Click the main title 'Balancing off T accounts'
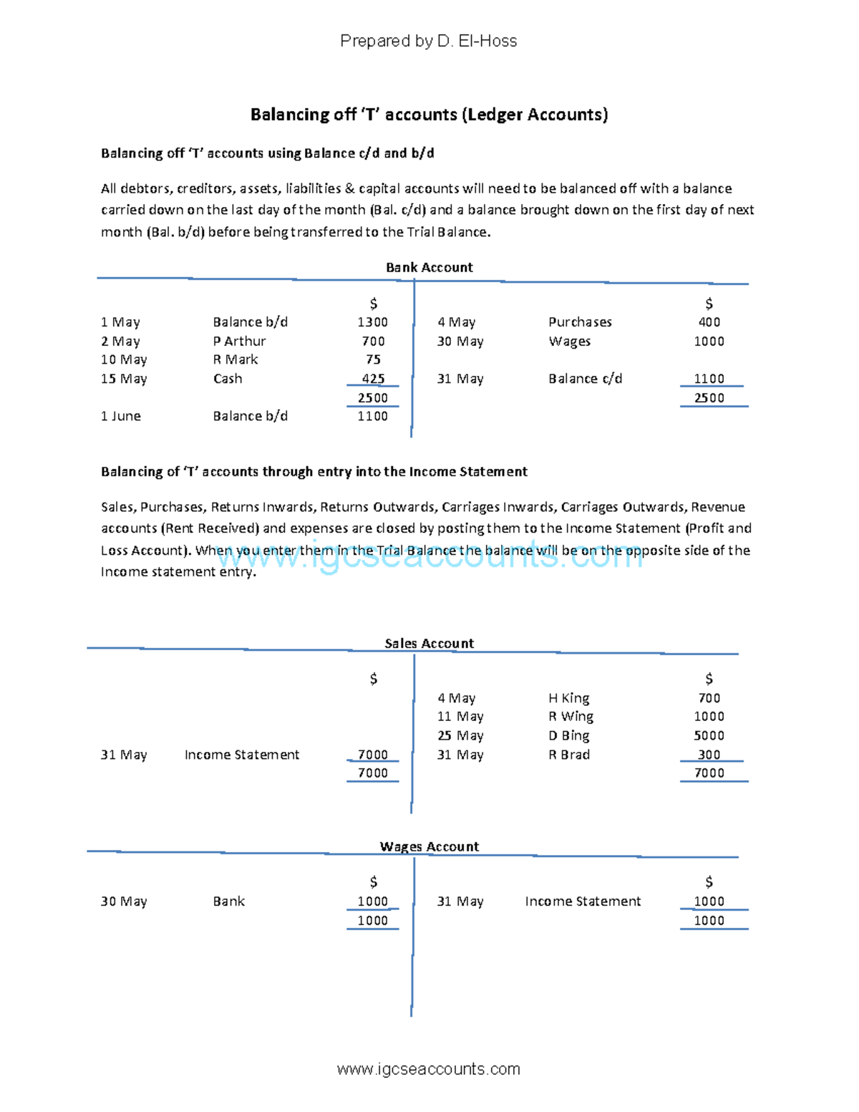pos(429,115)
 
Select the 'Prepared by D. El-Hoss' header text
pos(428,41)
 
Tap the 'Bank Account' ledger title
pos(429,267)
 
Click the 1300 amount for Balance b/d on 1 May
pos(372,322)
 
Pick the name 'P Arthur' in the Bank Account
pos(239,342)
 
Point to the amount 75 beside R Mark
pos(373,359)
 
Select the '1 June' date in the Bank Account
pos(121,416)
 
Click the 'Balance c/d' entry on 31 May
pos(585,379)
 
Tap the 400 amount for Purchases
pos(709,322)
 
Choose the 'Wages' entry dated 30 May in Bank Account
pos(569,342)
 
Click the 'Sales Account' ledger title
pos(429,643)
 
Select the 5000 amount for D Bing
pos(709,735)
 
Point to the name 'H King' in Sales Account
pos(568,698)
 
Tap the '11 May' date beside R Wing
pos(460,717)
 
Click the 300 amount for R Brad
pos(709,755)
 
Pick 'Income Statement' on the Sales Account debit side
pos(242,755)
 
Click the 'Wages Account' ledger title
pos(429,846)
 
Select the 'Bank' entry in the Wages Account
pos(228,901)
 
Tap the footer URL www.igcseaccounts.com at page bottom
pos(428,1069)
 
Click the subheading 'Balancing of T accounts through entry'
pos(314,472)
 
